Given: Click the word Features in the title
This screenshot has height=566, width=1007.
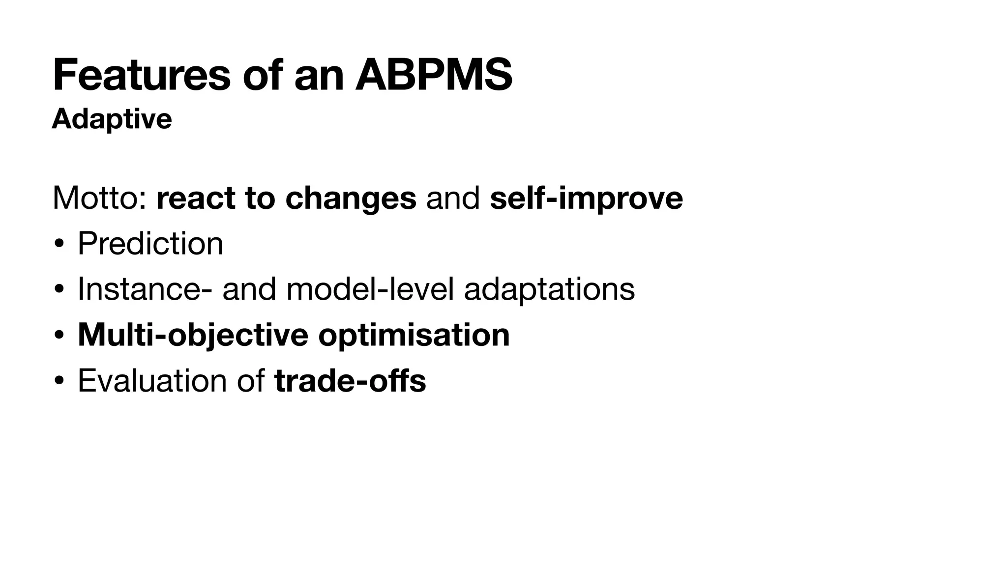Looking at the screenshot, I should click(x=142, y=75).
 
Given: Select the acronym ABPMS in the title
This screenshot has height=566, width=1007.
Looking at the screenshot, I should click(x=434, y=75).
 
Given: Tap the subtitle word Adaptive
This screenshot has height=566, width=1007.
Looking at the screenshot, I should click(x=112, y=119).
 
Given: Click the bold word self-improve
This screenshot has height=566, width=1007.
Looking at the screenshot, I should click(x=586, y=198).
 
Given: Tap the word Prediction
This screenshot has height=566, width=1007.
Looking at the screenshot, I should click(x=150, y=243).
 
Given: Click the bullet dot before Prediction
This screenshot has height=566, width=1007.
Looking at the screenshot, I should click(x=59, y=244).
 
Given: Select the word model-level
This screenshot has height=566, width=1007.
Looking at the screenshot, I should click(x=370, y=289).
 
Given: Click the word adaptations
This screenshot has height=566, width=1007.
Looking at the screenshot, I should click(x=549, y=290).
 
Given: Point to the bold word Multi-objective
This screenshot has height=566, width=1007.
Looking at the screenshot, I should click(x=193, y=335).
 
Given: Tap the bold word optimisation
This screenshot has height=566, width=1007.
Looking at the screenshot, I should click(x=414, y=335).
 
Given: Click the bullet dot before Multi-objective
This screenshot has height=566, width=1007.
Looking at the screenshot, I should click(x=59, y=336).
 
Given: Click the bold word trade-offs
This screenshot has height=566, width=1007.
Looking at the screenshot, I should click(x=350, y=380).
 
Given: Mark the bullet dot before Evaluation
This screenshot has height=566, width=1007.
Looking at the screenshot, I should click(x=59, y=381).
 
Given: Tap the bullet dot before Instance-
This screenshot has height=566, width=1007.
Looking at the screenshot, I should click(x=59, y=290).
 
